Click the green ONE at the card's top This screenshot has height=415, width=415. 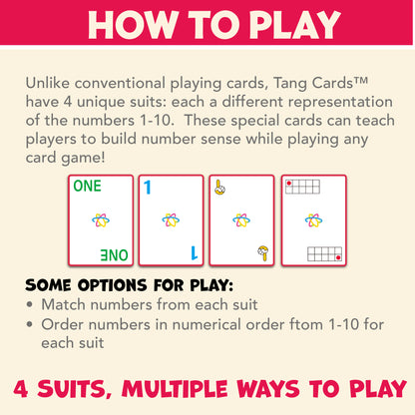[x=87, y=186]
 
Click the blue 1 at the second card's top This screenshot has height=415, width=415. [x=148, y=187]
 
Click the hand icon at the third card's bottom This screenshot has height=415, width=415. [x=262, y=253]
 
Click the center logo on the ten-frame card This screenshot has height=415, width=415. [x=314, y=219]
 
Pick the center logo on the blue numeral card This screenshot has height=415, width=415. [x=171, y=219]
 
